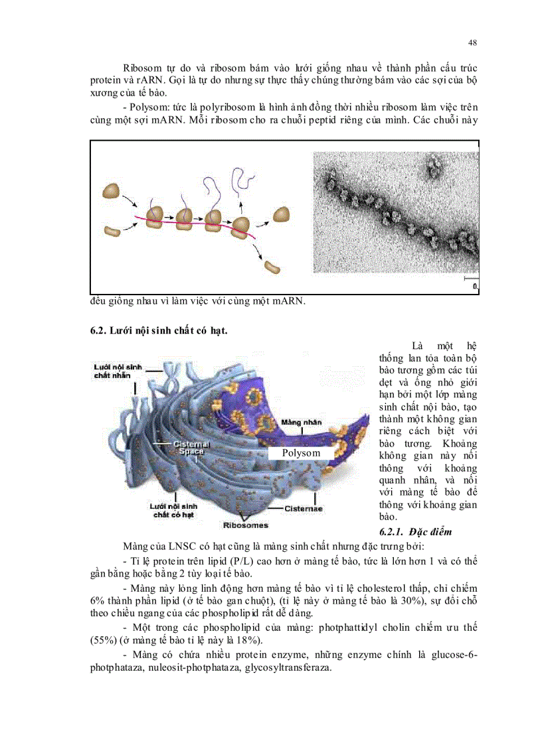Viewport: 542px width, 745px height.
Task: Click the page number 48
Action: pos(473,43)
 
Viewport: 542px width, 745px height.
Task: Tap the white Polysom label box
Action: pos(301,453)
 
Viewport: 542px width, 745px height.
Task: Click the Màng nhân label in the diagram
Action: pos(301,422)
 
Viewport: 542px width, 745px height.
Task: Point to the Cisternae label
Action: pos(304,509)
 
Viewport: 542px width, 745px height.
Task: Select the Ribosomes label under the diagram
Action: pos(246,525)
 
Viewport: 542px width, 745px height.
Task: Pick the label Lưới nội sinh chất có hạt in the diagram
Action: pos(173,509)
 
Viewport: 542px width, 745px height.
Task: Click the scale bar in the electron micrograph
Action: pos(470,277)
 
